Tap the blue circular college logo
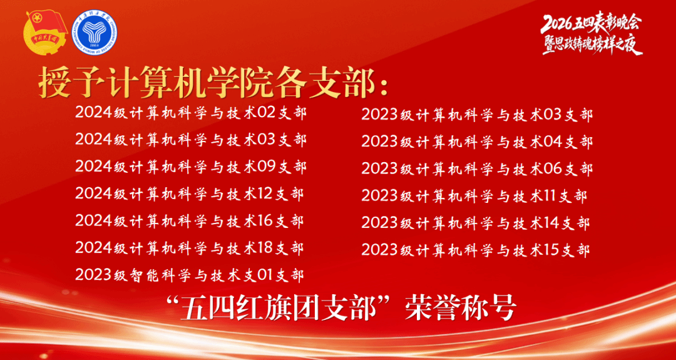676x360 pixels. coord(94,33)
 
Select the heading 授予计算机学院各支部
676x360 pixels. coord(213,81)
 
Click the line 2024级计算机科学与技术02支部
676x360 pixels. coord(191,113)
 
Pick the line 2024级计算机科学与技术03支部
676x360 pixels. coord(191,140)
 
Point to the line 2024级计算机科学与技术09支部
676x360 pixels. coord(191,167)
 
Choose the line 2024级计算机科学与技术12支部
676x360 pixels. coord(189,193)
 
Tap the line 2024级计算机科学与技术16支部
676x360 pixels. coord(189,221)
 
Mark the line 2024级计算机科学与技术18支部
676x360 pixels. coord(189,248)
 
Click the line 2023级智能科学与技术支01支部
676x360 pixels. coord(189,275)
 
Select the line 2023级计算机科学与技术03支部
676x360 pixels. coord(477,115)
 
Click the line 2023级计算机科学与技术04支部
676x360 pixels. coord(477,141)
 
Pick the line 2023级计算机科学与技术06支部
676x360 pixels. coord(477,168)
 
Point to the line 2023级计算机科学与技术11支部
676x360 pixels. coord(474,196)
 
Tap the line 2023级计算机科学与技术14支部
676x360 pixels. coord(476,223)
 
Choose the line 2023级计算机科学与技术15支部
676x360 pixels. coord(476,250)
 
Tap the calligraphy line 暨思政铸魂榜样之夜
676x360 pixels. coord(592,45)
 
